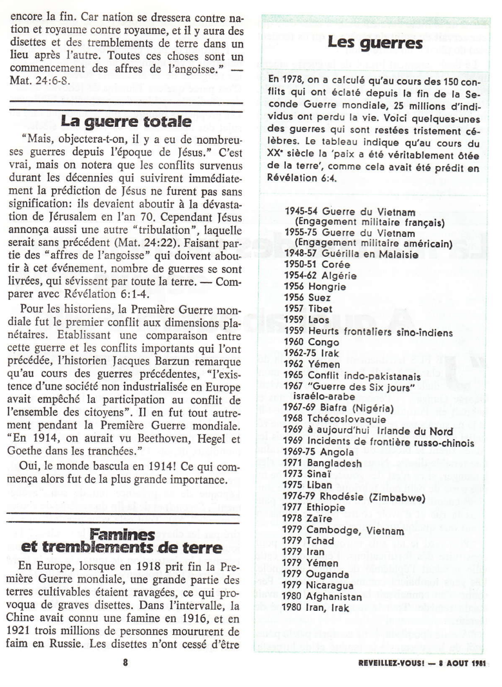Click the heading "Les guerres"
coord(375,44)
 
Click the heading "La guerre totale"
coord(126,120)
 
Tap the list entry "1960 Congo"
coord(312,342)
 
